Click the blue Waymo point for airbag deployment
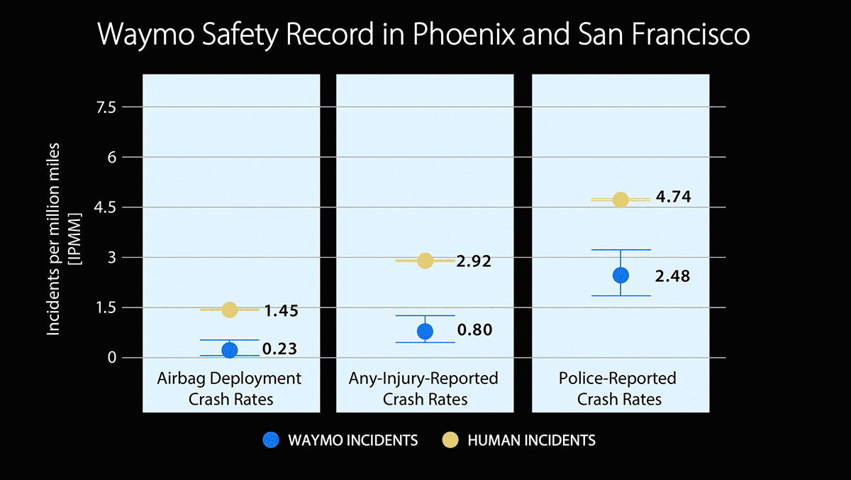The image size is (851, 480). coord(229,349)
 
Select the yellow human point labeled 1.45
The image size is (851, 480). coord(229,310)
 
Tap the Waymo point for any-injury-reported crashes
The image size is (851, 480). coord(425,331)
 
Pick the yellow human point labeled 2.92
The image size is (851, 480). coord(425,261)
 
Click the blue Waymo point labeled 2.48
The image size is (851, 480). coord(621,275)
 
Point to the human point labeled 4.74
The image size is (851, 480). coord(621,200)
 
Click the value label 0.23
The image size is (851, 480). coord(279,349)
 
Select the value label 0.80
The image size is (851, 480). coord(474,331)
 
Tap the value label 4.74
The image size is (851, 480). coord(673,197)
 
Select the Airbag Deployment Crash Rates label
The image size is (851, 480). coord(229,388)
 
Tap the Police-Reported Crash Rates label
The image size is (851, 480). coord(619,388)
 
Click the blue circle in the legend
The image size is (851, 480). coord(270,440)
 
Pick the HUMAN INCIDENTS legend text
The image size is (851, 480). coord(531,441)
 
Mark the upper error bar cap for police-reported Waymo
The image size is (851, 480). coord(621,250)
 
